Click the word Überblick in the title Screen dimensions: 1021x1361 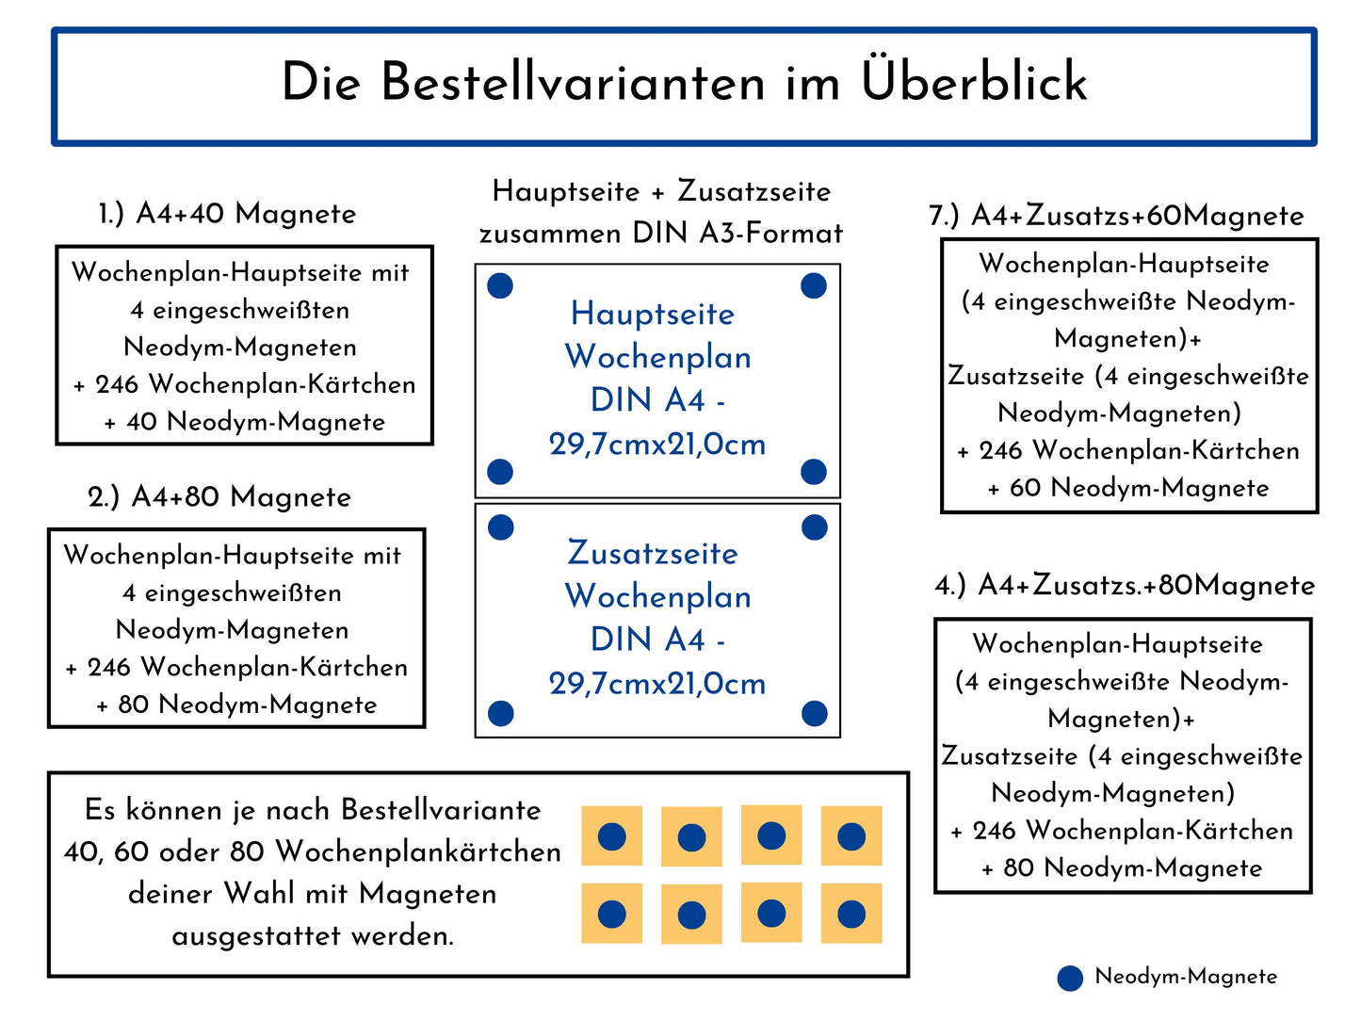pos(974,82)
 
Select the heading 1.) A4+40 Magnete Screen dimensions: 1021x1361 pos(227,214)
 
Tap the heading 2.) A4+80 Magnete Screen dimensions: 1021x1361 pos(219,496)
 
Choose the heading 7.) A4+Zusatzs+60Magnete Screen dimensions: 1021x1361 pos(1116,216)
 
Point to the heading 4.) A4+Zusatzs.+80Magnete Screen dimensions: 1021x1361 pos(1125,585)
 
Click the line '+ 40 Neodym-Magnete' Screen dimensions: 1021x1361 pos(244,422)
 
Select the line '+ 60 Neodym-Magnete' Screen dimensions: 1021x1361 pos(1127,488)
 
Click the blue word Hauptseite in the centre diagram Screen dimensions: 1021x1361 pos(653,314)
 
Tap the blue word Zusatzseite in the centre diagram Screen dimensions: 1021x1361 pos(653,553)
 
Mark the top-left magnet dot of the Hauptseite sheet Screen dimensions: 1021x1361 pos(500,285)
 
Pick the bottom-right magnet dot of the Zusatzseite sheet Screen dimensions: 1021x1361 pos(814,713)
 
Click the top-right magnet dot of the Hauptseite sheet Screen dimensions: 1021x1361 pos(814,285)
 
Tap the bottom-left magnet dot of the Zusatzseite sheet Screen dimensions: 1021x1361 pos(501,713)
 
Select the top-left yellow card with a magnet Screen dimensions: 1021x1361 pos(612,836)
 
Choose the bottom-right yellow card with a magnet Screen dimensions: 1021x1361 pos(851,914)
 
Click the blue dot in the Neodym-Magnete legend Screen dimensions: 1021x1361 pos(1070,979)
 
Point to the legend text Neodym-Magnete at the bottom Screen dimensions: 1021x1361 pos(1186,977)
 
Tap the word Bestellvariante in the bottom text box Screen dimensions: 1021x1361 pos(441,810)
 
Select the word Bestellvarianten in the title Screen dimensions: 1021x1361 pos(574,82)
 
